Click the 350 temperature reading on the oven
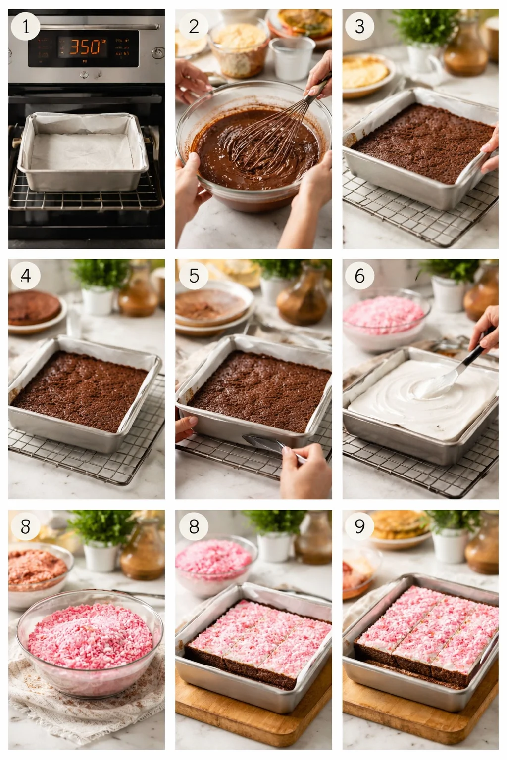pos(88,47)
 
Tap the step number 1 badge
pos(25,26)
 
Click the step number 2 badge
pos(193,26)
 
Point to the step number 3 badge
pos(360,26)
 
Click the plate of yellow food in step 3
pos(366,72)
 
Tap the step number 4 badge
pos(25,276)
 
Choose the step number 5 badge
pos(193,276)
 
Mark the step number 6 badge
pos(360,276)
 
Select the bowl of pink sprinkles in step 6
pos(385,317)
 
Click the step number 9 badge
pos(360,526)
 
